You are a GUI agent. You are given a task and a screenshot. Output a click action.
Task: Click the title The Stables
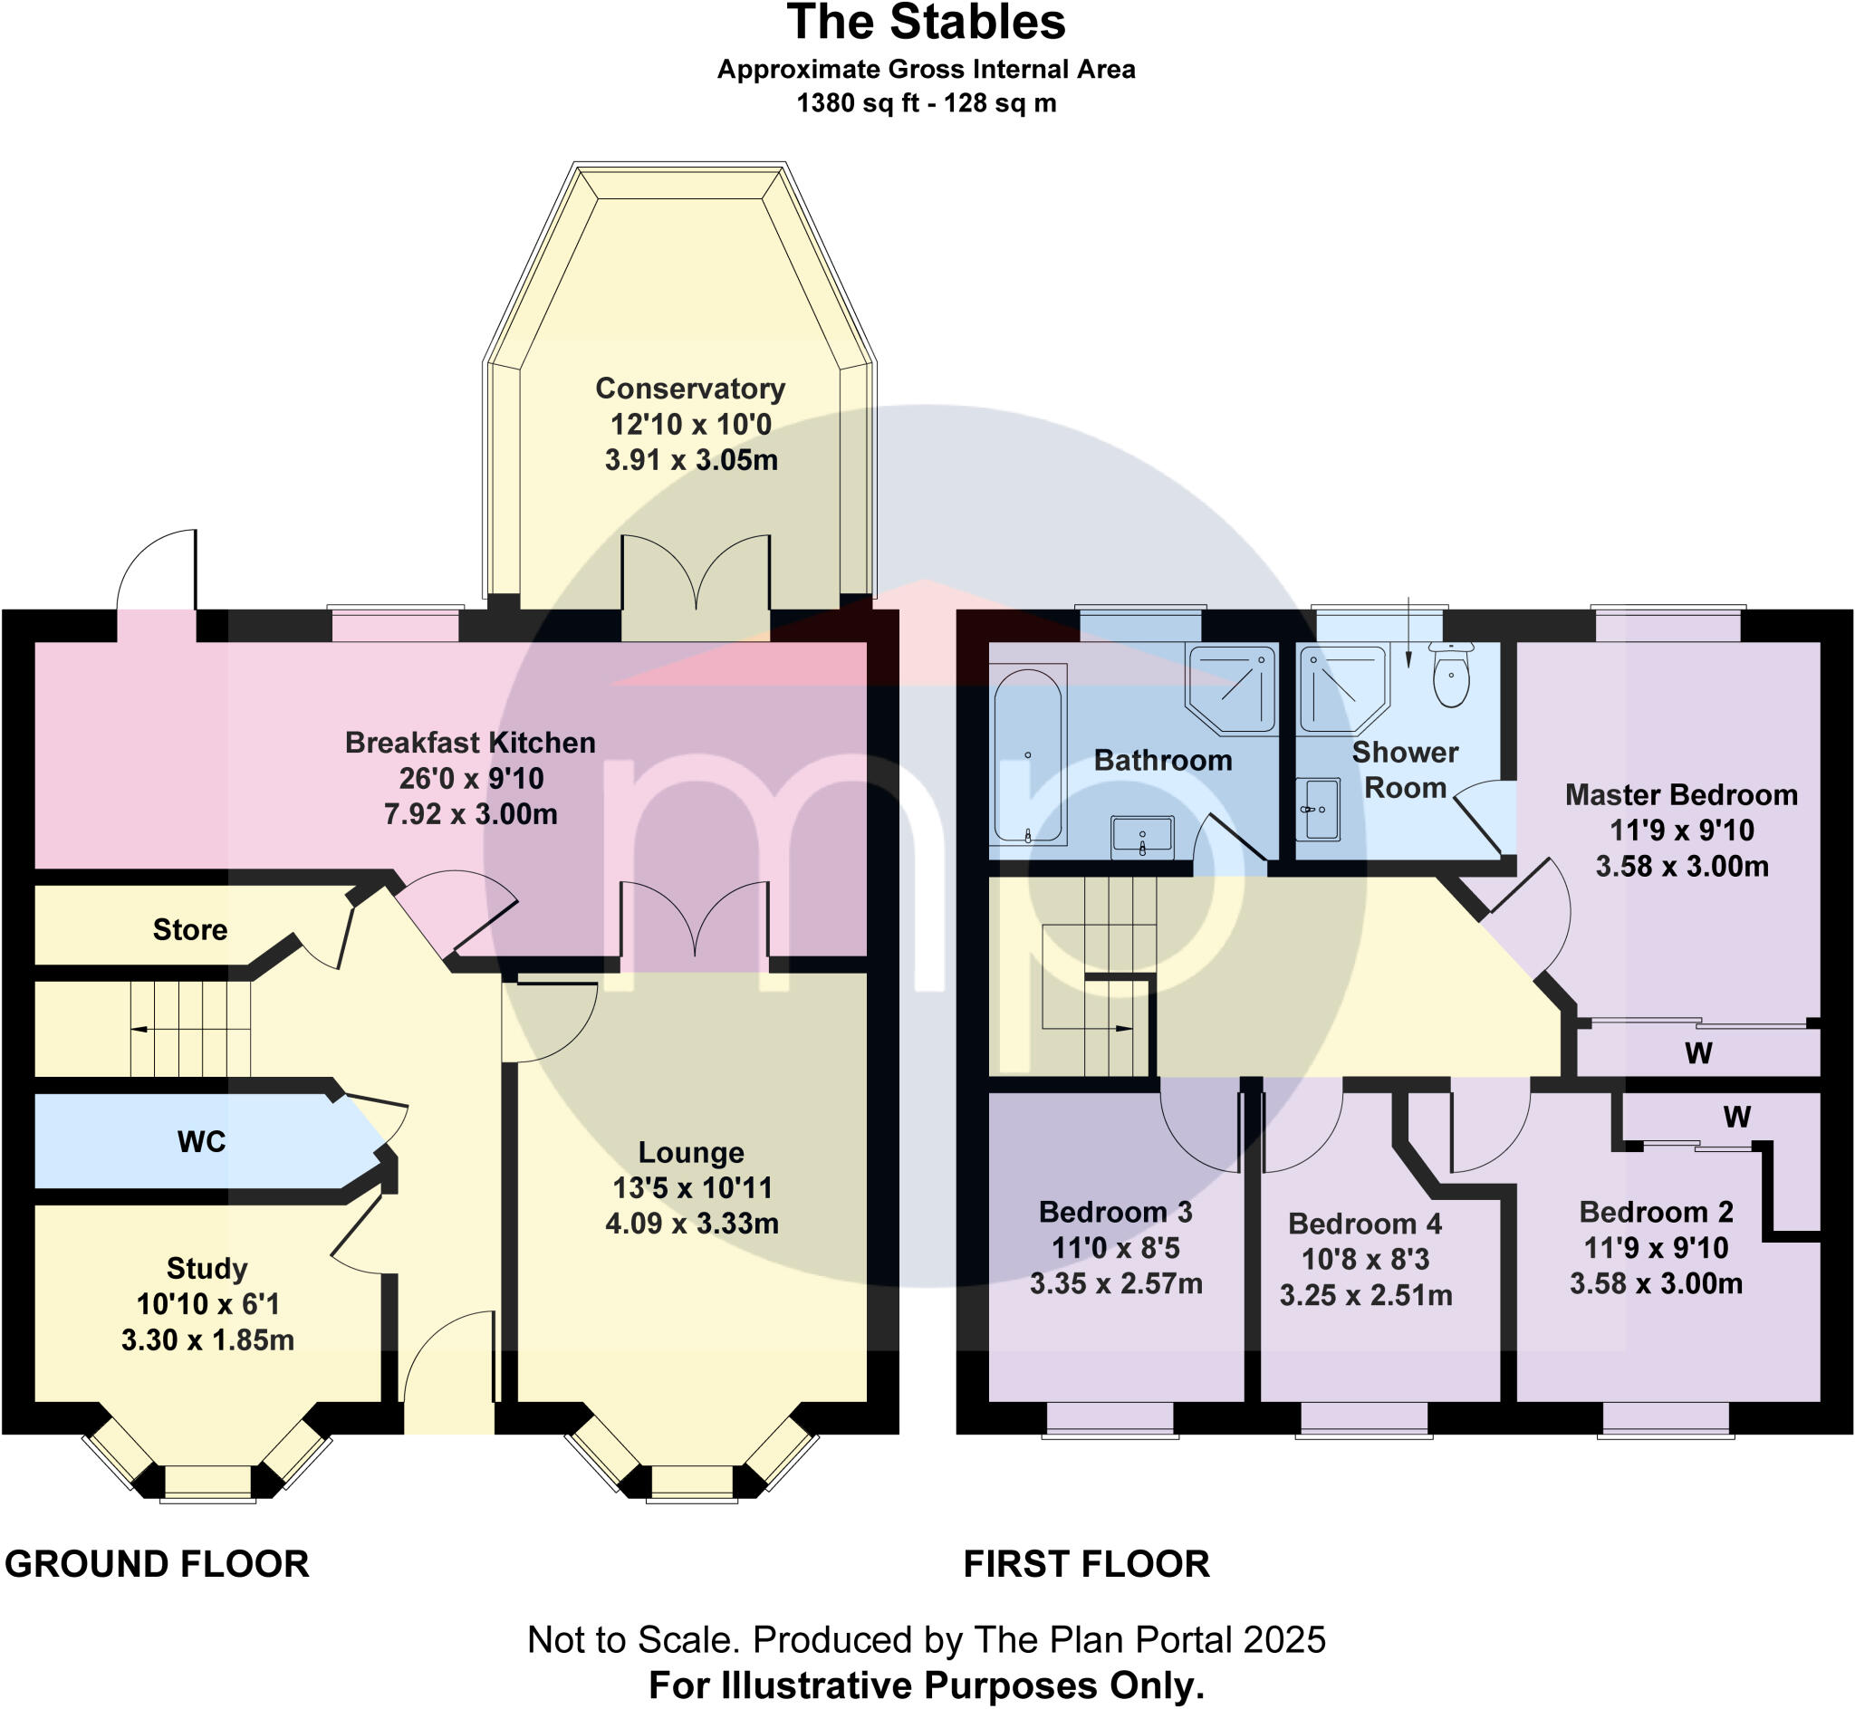(926, 23)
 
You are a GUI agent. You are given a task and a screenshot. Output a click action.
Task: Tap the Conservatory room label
(690, 389)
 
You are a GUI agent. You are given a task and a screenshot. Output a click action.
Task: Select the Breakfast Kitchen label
(470, 743)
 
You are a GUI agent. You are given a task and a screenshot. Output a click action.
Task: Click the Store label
(189, 929)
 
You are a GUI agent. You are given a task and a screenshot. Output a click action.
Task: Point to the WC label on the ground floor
(201, 1141)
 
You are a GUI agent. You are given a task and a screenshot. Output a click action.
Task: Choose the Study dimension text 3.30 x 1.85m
(207, 1340)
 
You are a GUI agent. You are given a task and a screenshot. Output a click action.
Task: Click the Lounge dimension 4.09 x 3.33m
(692, 1224)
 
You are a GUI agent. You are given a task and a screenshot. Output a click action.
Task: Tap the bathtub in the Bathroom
(1027, 755)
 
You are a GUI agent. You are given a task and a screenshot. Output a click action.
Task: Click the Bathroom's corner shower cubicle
(1232, 688)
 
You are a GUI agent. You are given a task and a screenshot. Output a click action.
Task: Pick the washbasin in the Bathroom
(1142, 835)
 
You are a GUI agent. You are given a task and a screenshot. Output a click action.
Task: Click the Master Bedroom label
(1680, 794)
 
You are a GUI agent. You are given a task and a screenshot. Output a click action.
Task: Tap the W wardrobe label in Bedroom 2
(1735, 1117)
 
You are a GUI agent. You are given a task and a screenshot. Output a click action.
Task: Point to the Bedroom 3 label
(1115, 1212)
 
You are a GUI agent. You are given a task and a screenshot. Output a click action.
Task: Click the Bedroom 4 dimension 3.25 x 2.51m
(1365, 1296)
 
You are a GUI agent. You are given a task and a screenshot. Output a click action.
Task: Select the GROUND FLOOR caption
(158, 1565)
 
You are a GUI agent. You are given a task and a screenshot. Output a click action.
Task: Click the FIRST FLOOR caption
(1087, 1565)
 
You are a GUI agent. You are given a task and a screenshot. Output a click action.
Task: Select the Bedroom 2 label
(1655, 1212)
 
